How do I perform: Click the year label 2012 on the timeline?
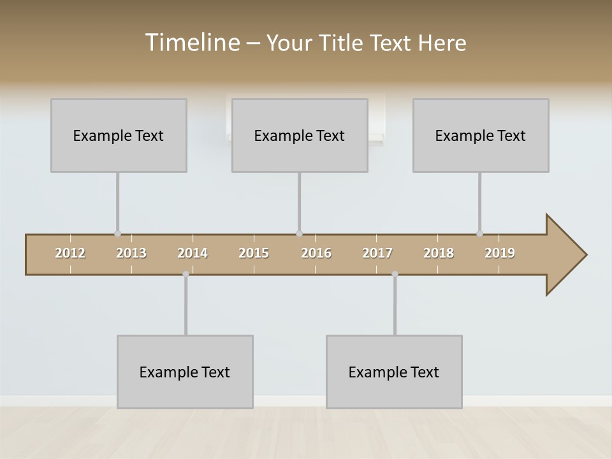click(70, 253)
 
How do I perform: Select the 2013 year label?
click(131, 253)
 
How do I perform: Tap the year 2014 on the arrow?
click(193, 253)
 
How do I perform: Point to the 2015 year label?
click(254, 253)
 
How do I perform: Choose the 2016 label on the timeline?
click(316, 253)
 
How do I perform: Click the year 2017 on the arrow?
click(377, 253)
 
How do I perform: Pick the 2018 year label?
click(439, 253)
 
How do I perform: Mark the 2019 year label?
click(500, 253)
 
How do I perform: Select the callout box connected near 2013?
click(119, 135)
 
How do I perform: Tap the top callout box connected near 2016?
click(300, 135)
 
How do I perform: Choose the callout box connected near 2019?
click(481, 135)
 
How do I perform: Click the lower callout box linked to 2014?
click(185, 372)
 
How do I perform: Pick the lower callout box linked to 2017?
click(394, 372)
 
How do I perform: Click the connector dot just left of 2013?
click(117, 234)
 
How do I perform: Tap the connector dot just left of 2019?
click(479, 234)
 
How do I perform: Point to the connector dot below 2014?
click(186, 274)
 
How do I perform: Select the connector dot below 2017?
click(395, 274)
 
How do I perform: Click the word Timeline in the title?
click(191, 43)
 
